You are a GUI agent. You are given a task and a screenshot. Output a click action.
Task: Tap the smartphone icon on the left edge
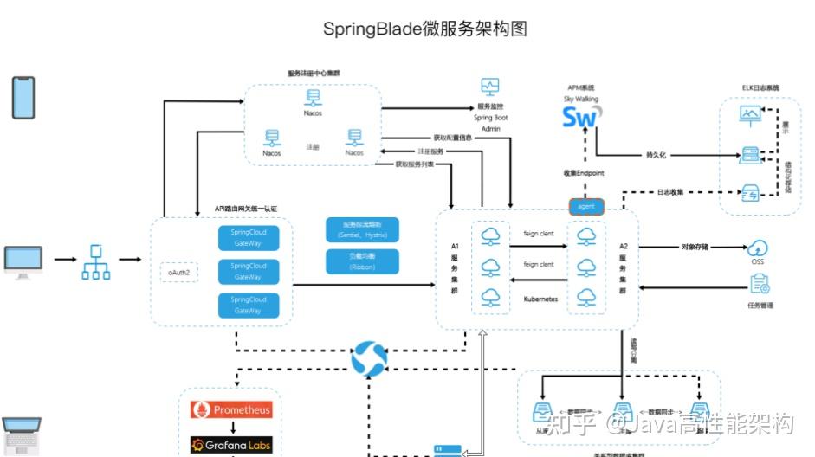[x=23, y=97]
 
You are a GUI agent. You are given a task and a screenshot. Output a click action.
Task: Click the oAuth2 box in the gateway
[x=179, y=273]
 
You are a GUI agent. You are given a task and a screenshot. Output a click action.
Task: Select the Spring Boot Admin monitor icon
[x=490, y=87]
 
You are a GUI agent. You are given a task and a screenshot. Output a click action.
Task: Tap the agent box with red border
[x=586, y=207]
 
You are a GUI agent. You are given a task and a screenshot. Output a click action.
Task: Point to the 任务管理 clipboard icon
[x=760, y=284]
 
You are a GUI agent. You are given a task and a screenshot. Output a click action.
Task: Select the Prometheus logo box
[x=230, y=409]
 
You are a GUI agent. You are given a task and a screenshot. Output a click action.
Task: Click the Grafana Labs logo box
[x=230, y=445]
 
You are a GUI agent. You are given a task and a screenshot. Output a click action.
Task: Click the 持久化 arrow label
[x=656, y=156]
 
